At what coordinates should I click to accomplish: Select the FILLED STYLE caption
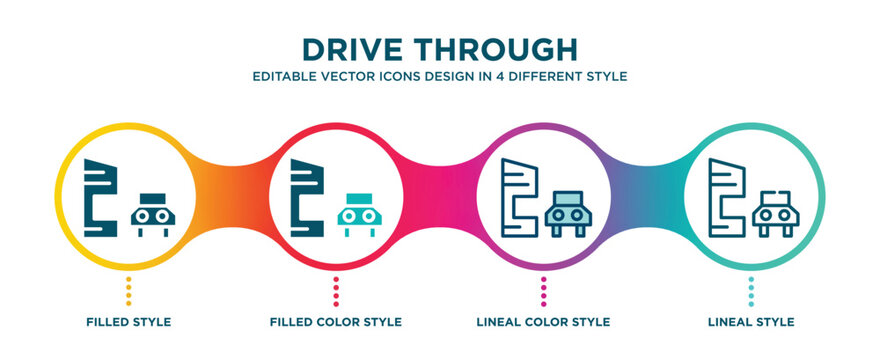(128, 322)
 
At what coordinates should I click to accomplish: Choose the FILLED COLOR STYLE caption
(336, 322)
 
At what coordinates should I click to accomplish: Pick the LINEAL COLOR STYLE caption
(544, 322)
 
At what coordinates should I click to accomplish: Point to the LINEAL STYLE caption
(752, 322)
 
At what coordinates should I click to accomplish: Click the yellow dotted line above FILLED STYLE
(128, 291)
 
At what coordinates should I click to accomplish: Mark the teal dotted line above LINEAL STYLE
(752, 291)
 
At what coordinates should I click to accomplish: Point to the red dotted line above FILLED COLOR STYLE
(336, 291)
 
